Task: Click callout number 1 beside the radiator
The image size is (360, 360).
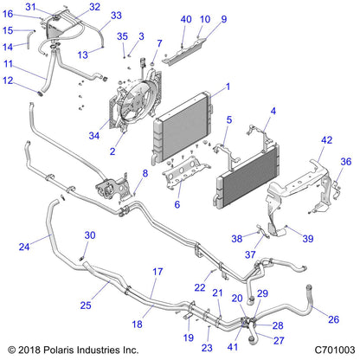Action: [228, 87]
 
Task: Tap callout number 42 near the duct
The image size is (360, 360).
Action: [327, 140]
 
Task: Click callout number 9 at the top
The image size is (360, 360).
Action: [223, 19]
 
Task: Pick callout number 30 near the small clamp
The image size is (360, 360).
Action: [89, 236]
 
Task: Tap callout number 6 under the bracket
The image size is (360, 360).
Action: [178, 205]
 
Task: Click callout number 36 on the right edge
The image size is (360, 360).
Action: [345, 161]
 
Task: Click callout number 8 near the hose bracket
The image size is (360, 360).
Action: [145, 174]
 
